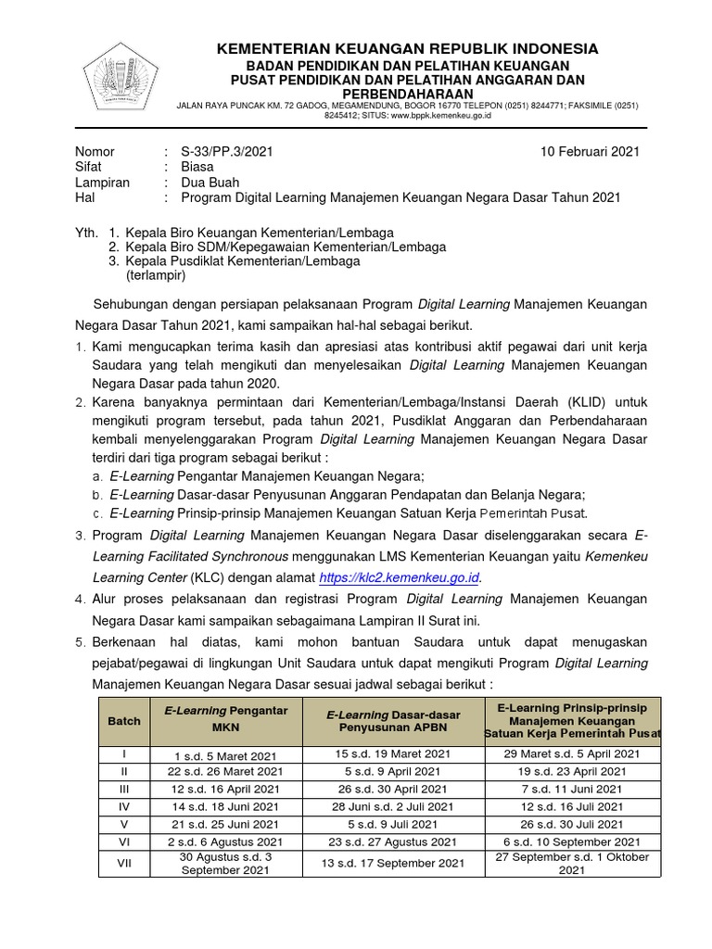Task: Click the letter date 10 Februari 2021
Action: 590,152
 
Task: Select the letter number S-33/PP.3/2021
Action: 227,152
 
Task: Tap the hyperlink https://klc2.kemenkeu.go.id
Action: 399,577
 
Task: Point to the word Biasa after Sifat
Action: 197,168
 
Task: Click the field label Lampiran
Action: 102,183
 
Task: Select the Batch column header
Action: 124,720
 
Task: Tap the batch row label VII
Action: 124,864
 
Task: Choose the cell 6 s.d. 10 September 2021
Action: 571,841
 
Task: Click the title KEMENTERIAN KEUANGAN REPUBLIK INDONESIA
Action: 408,49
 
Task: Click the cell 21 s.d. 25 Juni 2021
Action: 225,824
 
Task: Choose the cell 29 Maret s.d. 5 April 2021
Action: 571,754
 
